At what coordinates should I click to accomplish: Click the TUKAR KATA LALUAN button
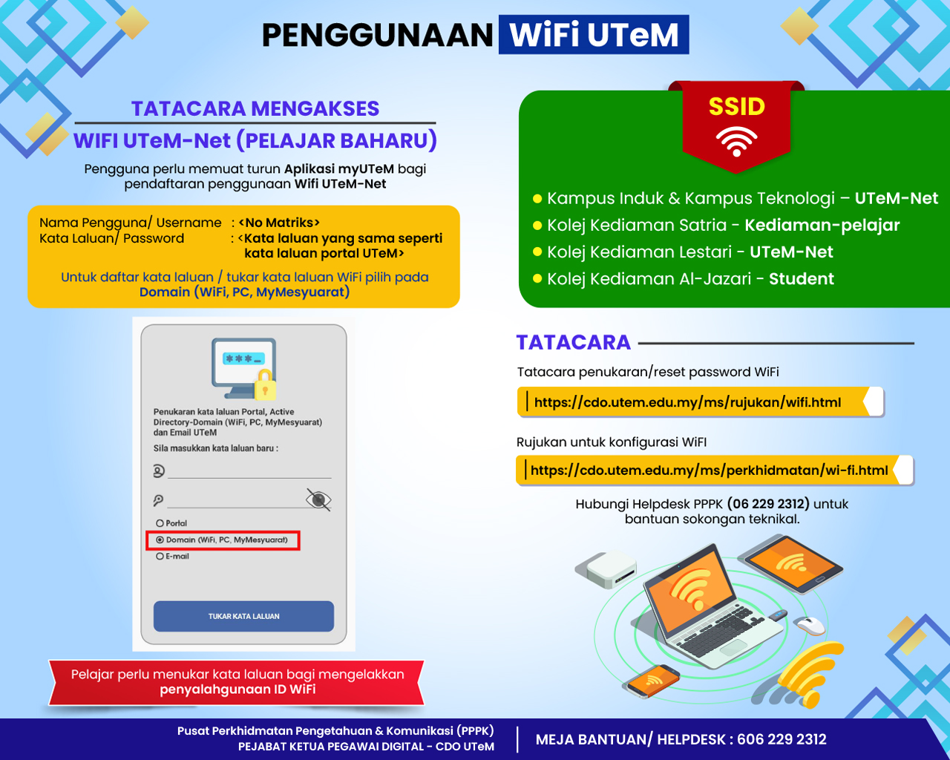click(243, 616)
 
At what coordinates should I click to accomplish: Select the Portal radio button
click(160, 523)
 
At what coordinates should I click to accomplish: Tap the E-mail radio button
click(160, 557)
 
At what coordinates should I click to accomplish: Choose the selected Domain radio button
click(160, 540)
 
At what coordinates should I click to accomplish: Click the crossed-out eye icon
click(318, 499)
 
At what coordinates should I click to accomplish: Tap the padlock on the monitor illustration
click(265, 384)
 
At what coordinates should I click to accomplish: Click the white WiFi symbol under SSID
click(736, 141)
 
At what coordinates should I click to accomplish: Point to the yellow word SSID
click(737, 106)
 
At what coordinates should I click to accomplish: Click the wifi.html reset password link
click(687, 402)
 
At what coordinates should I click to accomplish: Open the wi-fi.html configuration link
click(709, 471)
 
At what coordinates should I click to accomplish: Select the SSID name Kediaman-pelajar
click(822, 225)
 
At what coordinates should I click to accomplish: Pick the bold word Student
click(802, 279)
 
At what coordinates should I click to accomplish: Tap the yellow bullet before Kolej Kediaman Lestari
click(537, 252)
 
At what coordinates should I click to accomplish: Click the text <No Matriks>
click(279, 223)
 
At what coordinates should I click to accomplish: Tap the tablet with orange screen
click(793, 564)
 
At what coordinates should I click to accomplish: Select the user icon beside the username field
click(159, 471)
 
